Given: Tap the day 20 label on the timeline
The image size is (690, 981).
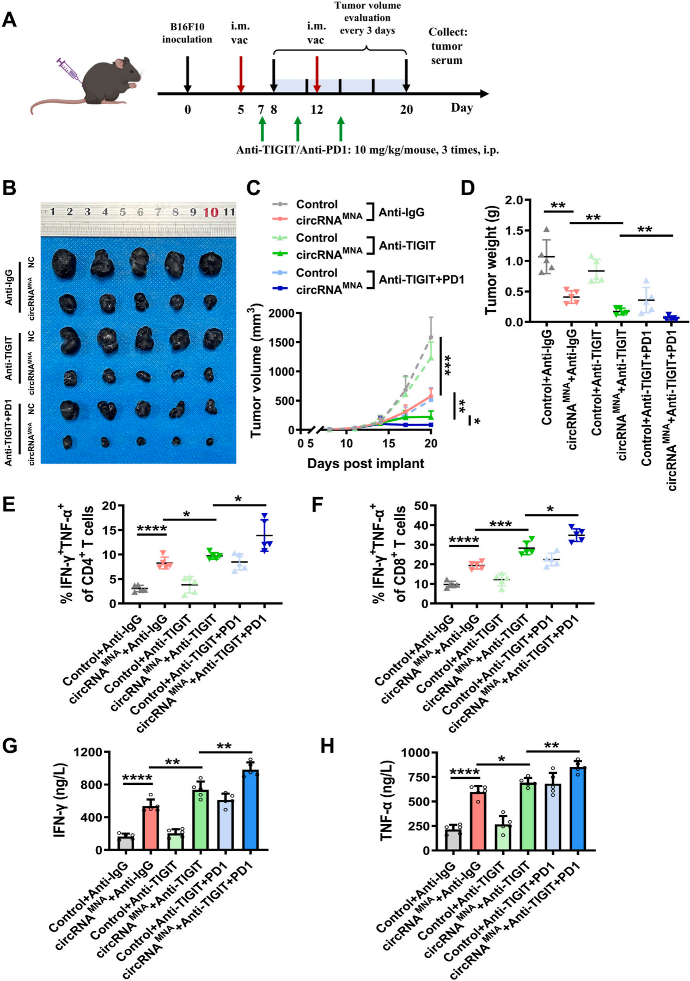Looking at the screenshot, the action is tap(406, 110).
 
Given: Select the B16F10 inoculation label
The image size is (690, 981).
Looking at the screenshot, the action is tap(187, 33).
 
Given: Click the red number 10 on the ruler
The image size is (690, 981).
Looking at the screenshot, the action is tap(211, 212).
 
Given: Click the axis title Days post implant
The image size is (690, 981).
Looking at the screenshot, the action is tap(365, 464).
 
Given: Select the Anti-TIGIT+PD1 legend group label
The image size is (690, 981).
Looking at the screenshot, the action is tap(422, 280).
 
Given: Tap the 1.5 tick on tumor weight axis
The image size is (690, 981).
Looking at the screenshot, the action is tap(514, 231).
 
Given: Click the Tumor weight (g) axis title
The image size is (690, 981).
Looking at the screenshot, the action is tap(491, 260).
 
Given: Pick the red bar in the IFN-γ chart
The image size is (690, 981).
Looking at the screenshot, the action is tap(151, 828).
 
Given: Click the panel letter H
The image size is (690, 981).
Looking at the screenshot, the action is tap(327, 746).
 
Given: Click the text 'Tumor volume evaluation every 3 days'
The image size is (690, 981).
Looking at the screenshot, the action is tap(368, 17).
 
